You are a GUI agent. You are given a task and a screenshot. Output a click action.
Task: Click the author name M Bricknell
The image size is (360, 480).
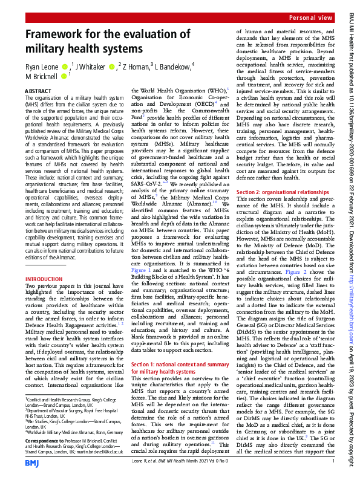[44, 76]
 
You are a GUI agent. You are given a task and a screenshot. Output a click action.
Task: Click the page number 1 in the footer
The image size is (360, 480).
[333, 462]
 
